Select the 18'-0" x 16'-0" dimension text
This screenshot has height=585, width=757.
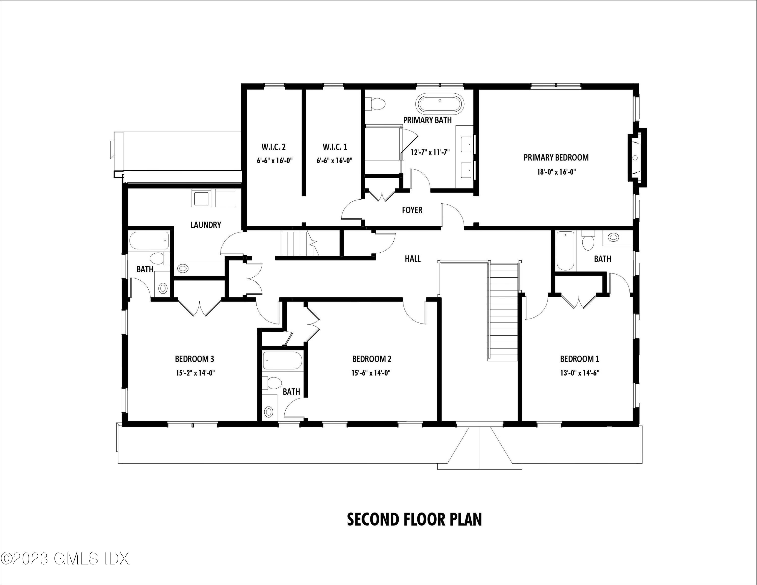556,172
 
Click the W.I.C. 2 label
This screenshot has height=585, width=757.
274,147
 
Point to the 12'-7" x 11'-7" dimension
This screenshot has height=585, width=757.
430,152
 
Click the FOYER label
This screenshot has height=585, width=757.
412,210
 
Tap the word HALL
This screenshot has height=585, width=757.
413,258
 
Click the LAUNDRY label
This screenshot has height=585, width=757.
206,225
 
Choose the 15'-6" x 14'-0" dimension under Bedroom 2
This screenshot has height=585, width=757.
371,373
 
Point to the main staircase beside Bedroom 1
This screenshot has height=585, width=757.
503,312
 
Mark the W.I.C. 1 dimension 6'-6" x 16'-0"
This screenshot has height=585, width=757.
334,161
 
